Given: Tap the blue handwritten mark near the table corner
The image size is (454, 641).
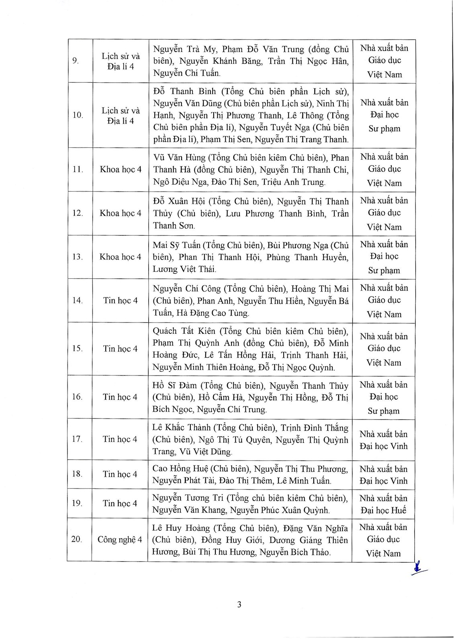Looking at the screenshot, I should pyautogui.click(x=419, y=569).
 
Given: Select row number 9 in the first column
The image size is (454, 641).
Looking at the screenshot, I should pyautogui.click(x=76, y=61).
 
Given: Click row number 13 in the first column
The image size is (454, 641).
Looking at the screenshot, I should pyautogui.click(x=77, y=257).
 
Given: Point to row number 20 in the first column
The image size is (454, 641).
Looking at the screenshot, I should pyautogui.click(x=77, y=539).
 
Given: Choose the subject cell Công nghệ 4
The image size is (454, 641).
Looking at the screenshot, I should pyautogui.click(x=120, y=539).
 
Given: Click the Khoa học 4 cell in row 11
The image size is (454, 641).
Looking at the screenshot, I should pyautogui.click(x=121, y=169).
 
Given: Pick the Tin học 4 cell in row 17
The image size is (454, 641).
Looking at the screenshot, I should pyautogui.click(x=120, y=439).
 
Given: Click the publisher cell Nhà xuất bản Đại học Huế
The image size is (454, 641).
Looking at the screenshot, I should pyautogui.click(x=383, y=504).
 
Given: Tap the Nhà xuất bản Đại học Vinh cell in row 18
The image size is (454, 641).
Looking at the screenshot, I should pyautogui.click(x=383, y=475).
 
